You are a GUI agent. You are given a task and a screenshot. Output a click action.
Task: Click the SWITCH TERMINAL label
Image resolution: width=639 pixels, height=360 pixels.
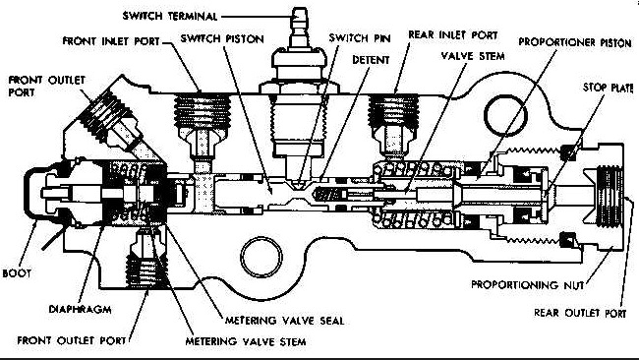170,17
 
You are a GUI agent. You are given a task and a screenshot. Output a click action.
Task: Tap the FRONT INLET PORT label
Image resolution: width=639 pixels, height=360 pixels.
111,41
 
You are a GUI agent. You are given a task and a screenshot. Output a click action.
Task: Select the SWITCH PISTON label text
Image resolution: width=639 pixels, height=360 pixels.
222,38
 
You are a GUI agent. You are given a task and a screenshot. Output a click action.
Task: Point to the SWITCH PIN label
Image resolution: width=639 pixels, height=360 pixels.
360,38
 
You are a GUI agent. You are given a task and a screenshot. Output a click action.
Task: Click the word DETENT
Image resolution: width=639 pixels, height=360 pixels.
371,60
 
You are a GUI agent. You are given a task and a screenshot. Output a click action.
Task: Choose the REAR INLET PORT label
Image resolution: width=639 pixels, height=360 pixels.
453,35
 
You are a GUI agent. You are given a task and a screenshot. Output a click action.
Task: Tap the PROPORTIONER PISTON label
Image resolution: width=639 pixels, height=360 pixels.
575,42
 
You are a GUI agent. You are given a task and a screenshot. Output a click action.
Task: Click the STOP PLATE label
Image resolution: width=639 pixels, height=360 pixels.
608,88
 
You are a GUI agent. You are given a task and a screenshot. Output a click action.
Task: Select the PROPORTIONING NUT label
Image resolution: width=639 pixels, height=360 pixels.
527,284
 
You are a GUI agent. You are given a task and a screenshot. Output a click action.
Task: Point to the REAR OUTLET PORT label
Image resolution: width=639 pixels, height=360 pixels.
580,313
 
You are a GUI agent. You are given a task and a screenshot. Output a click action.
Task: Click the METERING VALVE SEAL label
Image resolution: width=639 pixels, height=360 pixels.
285,321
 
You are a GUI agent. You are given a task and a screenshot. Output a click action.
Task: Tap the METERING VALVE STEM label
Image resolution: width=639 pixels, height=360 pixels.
246,341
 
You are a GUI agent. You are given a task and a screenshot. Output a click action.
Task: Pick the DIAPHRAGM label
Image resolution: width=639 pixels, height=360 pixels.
80,309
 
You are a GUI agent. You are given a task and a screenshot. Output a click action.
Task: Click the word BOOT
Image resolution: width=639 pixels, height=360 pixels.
17,273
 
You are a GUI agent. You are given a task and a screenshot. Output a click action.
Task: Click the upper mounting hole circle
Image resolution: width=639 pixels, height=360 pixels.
505,115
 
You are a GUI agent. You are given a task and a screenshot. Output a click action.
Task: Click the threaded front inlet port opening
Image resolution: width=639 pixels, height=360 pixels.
203,111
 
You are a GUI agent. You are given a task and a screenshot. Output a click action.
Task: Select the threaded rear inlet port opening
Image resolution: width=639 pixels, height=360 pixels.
393,110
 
